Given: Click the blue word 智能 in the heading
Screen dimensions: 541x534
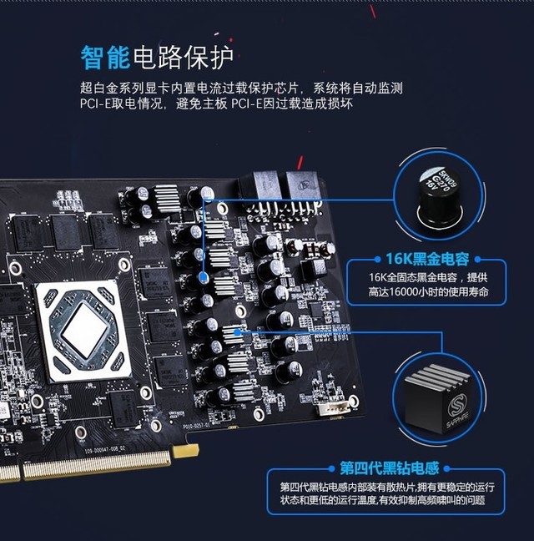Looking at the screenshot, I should [105, 57].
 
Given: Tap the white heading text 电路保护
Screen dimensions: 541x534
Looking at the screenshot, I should [183, 57].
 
